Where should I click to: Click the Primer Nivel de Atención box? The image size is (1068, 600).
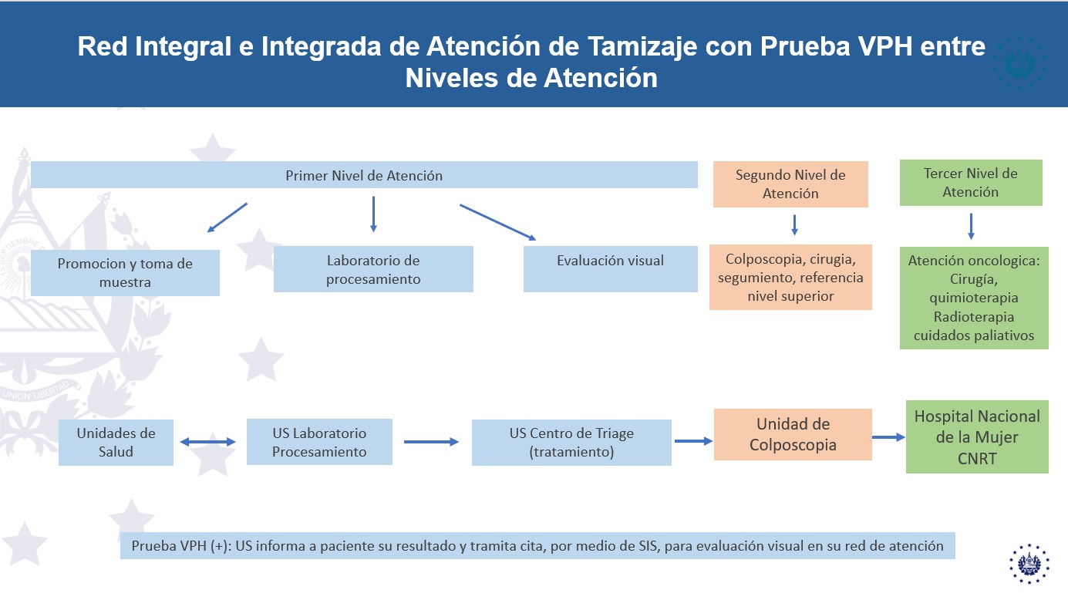(364, 175)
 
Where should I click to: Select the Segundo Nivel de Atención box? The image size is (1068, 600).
(790, 184)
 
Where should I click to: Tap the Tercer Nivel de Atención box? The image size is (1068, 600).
(971, 183)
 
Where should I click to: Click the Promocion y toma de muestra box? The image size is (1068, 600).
(125, 273)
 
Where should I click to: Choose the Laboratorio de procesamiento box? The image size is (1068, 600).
(373, 269)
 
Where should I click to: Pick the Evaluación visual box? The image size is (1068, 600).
(610, 269)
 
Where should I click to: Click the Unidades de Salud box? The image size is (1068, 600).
(116, 443)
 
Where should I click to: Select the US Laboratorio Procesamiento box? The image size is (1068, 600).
(319, 442)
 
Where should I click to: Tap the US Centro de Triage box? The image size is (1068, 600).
(571, 443)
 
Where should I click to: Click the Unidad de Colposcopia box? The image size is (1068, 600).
(793, 434)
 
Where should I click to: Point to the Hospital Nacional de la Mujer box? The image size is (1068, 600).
(977, 437)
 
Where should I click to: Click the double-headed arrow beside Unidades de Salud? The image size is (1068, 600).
(208, 442)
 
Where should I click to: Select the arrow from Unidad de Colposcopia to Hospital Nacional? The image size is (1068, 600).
(889, 437)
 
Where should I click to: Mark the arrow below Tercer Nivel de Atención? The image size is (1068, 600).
(971, 227)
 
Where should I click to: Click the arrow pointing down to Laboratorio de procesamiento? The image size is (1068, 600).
(373, 214)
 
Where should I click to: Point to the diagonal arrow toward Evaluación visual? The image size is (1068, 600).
(498, 222)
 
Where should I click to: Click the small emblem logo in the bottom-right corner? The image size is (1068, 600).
(1029, 564)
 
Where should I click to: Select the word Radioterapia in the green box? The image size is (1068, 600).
(974, 317)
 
